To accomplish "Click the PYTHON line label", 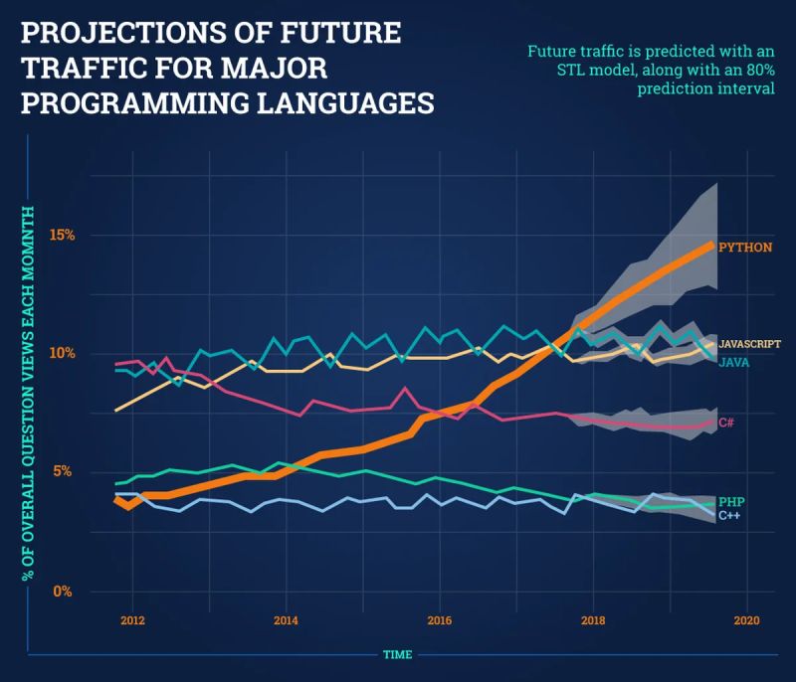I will [x=744, y=247].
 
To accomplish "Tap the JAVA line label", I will [x=733, y=363].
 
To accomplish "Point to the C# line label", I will [x=726, y=424].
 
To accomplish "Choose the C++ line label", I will [x=729, y=515].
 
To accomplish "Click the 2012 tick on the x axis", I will [x=131, y=620].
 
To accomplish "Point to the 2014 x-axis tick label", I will [x=286, y=620].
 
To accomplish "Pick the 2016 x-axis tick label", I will [x=439, y=620].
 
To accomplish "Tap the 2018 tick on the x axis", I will [x=593, y=620].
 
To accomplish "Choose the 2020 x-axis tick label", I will [x=746, y=620].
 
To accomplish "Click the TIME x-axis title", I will [x=398, y=655].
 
